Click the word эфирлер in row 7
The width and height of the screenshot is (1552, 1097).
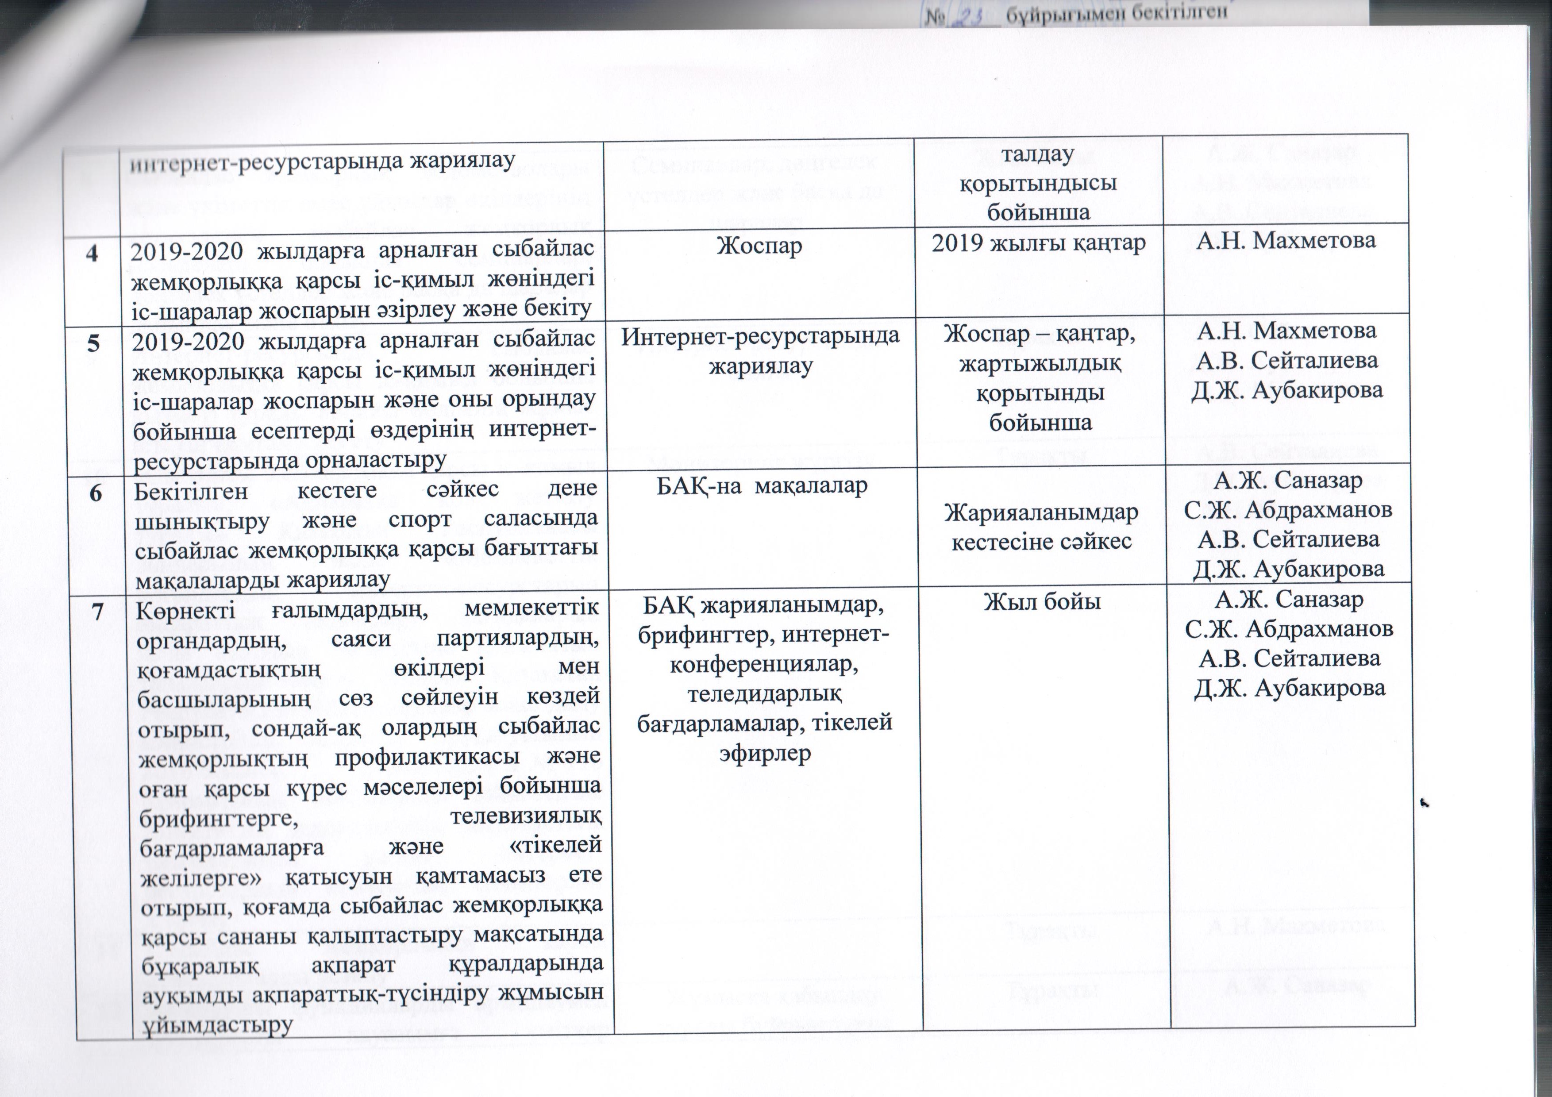coord(765,753)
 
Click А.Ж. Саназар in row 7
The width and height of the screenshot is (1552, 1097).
coord(1288,599)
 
